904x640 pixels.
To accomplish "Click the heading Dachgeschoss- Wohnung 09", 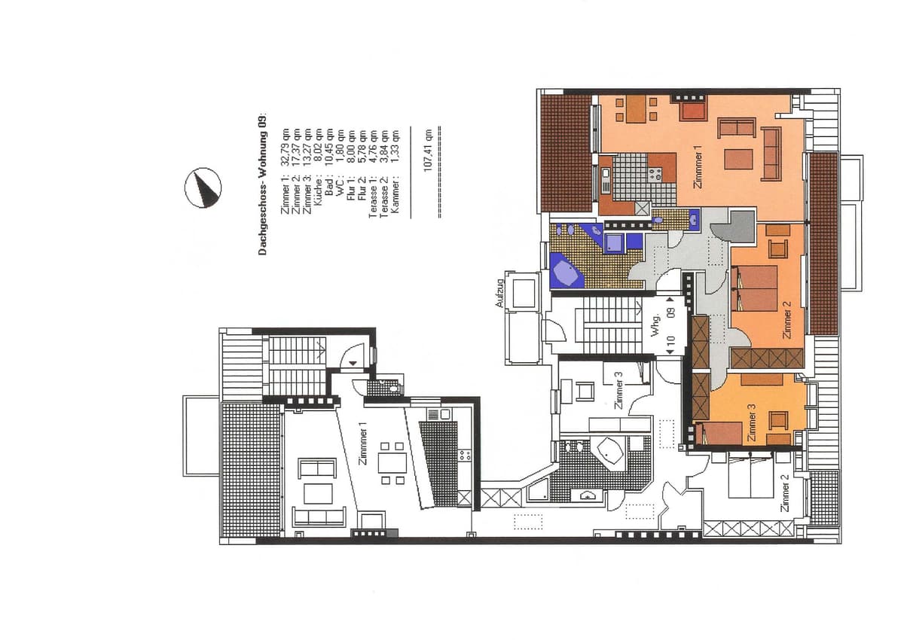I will [262, 184].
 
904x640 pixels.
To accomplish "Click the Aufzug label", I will [498, 294].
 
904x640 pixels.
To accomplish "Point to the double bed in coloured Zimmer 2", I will [755, 288].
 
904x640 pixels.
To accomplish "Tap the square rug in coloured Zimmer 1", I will [738, 159].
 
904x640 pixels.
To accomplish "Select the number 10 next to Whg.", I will [670, 347].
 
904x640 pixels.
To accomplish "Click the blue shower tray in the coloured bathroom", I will [614, 243].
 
